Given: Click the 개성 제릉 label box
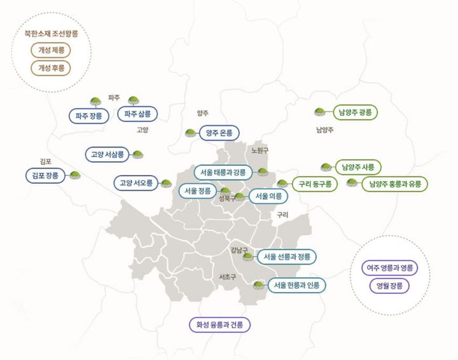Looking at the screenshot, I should click(51, 50).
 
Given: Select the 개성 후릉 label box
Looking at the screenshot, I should click(51, 67).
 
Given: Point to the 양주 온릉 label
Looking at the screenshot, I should click(219, 134).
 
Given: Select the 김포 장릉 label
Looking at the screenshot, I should click(45, 176).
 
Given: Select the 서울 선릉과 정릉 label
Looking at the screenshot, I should click(286, 257).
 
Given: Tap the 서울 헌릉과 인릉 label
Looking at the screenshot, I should click(295, 285).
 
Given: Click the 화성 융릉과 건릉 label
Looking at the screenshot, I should click(220, 325).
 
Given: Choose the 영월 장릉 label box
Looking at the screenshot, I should click(389, 286).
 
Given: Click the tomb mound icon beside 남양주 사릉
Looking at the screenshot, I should click(326, 167).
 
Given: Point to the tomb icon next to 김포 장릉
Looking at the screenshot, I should click(75, 175).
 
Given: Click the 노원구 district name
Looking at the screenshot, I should click(260, 151).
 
